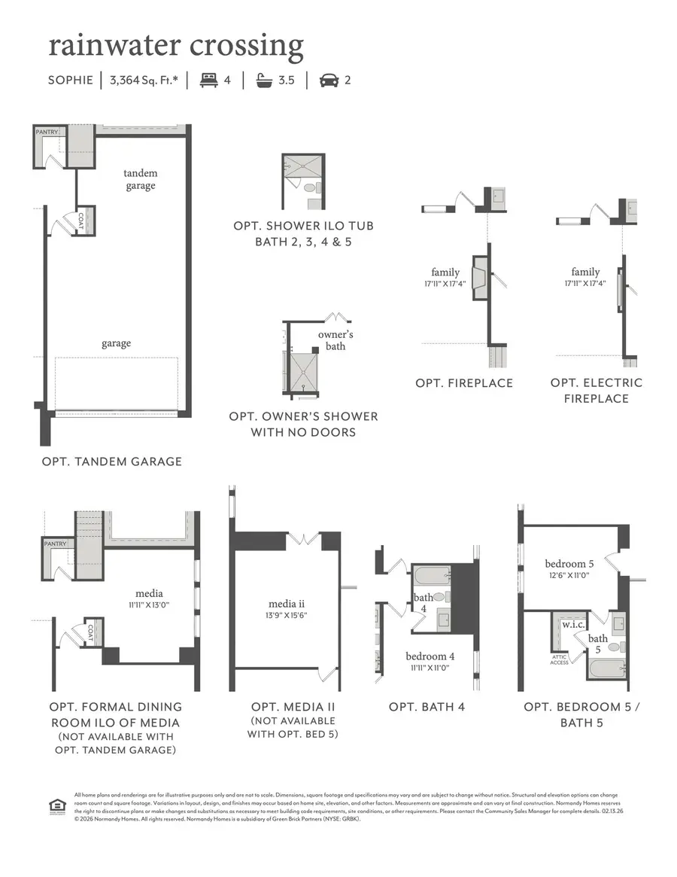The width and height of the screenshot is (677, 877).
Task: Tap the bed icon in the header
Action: click(x=208, y=80)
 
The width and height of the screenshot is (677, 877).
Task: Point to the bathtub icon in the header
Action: click(x=263, y=80)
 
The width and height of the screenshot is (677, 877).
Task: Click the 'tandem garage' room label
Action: click(x=141, y=179)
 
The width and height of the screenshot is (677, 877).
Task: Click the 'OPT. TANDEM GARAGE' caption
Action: click(x=111, y=461)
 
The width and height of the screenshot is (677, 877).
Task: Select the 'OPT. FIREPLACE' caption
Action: click(x=464, y=383)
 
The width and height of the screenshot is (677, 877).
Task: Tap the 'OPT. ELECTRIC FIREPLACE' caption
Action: click(x=597, y=391)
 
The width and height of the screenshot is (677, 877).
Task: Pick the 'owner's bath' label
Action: click(x=335, y=340)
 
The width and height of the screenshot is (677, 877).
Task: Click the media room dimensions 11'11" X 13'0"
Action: click(x=149, y=604)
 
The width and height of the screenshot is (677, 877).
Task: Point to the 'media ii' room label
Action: click(x=287, y=604)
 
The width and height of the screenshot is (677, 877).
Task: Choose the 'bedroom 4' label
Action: click(x=430, y=656)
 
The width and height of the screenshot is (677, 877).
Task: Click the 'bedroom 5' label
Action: click(x=569, y=564)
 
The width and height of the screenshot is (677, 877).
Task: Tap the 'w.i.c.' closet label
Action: click(x=573, y=625)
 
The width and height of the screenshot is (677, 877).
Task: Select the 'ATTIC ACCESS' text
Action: click(x=559, y=659)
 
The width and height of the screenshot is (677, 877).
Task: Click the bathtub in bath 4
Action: click(x=432, y=576)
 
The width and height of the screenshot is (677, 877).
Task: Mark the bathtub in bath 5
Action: click(x=606, y=668)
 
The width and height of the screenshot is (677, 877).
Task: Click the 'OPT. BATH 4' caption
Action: click(x=427, y=707)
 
